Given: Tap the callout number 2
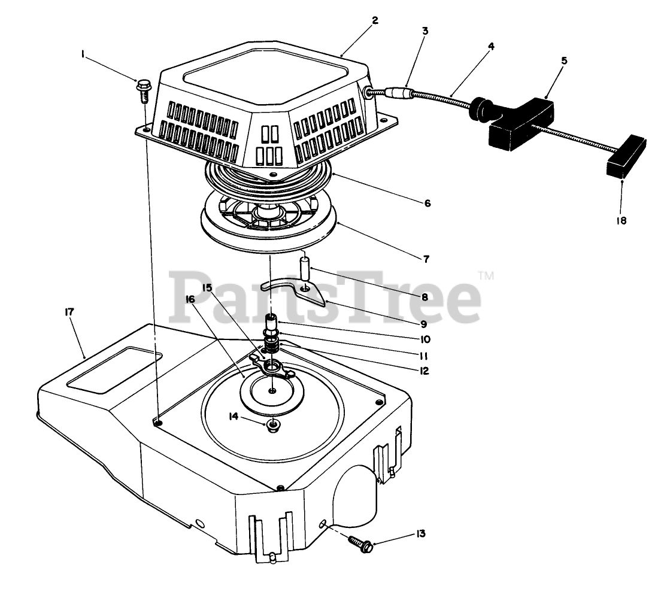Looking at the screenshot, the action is (375, 20).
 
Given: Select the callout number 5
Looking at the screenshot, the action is (564, 60).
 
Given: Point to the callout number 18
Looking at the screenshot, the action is (621, 221).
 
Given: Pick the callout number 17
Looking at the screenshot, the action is (69, 311).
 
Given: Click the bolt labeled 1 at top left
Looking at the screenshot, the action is (144, 87).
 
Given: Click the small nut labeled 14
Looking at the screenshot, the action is (274, 426).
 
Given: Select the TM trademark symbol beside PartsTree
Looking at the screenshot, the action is (486, 276).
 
